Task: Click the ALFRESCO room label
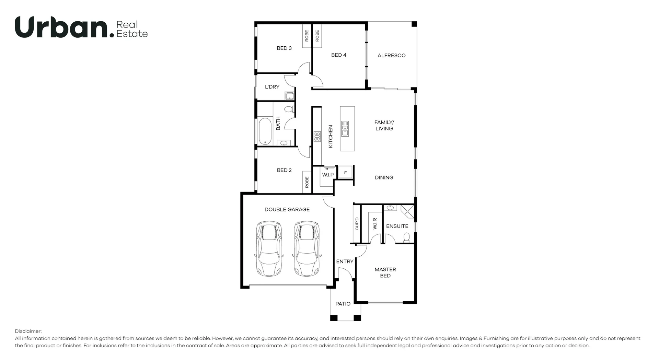point(391,55)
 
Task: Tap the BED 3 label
point(284,48)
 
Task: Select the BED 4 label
point(338,55)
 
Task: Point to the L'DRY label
point(272,87)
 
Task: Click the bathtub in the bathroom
point(265,131)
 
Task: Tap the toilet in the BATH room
point(289,109)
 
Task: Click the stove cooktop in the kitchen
point(317,136)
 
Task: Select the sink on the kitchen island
point(345,128)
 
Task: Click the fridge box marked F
point(345,173)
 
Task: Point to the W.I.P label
point(328,175)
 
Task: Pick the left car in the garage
point(269,248)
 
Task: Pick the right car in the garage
point(307,248)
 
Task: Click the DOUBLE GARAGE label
point(287,209)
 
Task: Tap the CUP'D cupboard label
point(357,224)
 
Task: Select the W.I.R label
point(375,223)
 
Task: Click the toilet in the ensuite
point(406,237)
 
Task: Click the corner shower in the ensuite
point(408,211)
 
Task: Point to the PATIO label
point(343,304)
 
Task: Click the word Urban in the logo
point(62,27)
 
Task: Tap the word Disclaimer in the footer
point(28,331)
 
